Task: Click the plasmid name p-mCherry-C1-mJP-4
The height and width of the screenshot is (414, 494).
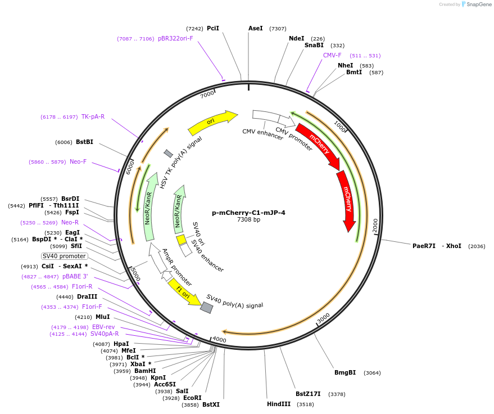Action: [x=248, y=213]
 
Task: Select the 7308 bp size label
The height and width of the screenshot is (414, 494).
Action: [x=248, y=220]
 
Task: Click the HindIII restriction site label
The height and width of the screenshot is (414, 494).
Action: [x=279, y=403]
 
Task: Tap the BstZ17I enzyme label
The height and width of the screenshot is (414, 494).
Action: [x=308, y=394]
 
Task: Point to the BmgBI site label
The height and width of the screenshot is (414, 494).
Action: [x=345, y=372]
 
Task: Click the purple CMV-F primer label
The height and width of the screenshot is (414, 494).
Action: [x=332, y=56]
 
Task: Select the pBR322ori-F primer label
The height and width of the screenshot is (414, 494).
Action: [x=175, y=39]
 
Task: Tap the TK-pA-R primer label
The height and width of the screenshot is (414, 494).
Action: [x=93, y=116]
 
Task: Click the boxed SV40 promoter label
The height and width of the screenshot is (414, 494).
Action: [x=64, y=256]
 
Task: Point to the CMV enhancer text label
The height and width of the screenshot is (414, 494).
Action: [x=262, y=135]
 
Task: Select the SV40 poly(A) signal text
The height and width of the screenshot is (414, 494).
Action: [x=234, y=301]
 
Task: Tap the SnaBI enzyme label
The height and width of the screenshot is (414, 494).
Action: [x=314, y=46]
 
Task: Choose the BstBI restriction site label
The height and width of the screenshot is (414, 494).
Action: [x=84, y=142]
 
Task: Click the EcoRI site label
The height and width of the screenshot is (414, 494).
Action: [x=192, y=398]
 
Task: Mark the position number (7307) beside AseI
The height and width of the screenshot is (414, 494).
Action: [x=278, y=28]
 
